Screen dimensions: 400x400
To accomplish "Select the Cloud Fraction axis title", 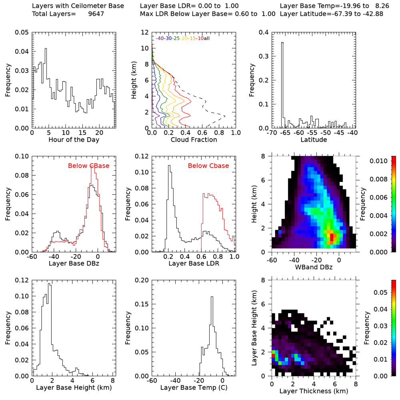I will [x=194, y=140].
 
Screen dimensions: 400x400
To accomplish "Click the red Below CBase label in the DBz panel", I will [x=89, y=166].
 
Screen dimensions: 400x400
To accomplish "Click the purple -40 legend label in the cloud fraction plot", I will [x=160, y=38].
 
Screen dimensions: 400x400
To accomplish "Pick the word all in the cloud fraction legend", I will [x=207, y=38].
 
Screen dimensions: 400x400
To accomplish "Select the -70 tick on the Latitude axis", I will [x=272, y=132].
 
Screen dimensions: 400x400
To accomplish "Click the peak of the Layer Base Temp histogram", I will [x=212, y=297].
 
